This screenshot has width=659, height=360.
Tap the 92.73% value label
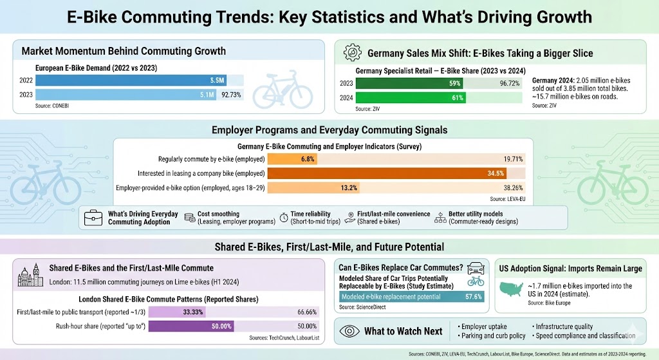[x=232, y=94]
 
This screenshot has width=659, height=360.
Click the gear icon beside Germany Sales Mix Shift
[x=352, y=52]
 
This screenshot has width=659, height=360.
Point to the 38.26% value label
[x=512, y=188]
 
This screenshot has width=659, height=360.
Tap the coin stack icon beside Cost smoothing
[x=190, y=218]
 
